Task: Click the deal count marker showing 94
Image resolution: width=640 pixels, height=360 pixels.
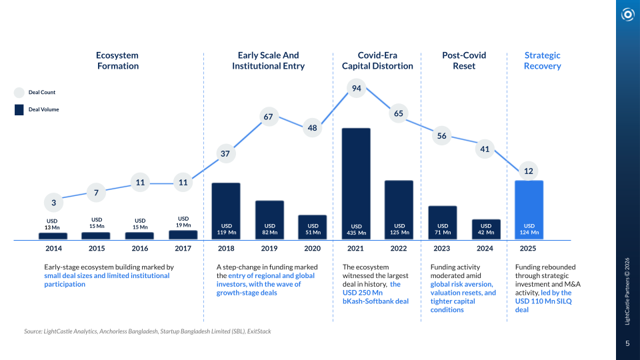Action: coord(357,89)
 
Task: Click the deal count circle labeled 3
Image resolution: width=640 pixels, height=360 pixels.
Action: coord(53,203)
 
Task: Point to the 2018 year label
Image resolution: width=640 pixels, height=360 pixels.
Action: coord(225,249)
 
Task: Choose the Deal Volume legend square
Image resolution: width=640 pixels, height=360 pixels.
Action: coord(19,109)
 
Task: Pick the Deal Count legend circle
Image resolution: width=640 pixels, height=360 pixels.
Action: coord(19,93)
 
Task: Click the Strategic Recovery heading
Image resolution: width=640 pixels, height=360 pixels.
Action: coord(542,61)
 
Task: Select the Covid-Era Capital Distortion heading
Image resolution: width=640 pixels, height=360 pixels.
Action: coord(377,61)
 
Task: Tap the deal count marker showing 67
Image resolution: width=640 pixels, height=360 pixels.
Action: coord(269,117)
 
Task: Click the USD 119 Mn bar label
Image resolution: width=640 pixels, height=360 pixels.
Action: coord(225,229)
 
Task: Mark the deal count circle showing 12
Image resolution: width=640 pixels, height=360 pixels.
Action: coord(529,171)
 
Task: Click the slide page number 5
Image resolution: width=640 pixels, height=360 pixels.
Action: coord(627,343)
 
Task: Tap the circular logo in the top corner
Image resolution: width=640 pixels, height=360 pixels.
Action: coord(627,14)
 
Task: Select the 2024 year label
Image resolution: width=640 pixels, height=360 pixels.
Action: coord(485,249)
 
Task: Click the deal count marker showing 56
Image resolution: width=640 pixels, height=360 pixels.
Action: coord(442,136)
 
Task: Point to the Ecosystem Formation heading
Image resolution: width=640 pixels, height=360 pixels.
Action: coord(117,61)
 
